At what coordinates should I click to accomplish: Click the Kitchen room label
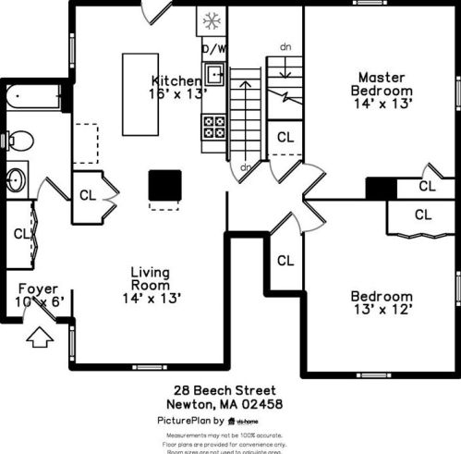click(x=176, y=80)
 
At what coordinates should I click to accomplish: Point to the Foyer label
click(x=38, y=288)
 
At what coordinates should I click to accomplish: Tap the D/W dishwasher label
click(x=213, y=48)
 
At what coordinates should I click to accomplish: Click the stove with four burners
click(x=214, y=126)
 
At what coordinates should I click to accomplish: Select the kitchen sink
click(x=214, y=73)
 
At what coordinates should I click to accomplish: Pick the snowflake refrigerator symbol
click(x=212, y=20)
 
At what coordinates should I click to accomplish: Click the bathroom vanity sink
click(x=17, y=178)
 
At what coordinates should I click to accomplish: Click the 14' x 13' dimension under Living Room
click(x=151, y=298)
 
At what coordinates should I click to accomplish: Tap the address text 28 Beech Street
click(x=224, y=391)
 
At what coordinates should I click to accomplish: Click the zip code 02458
click(x=262, y=404)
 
